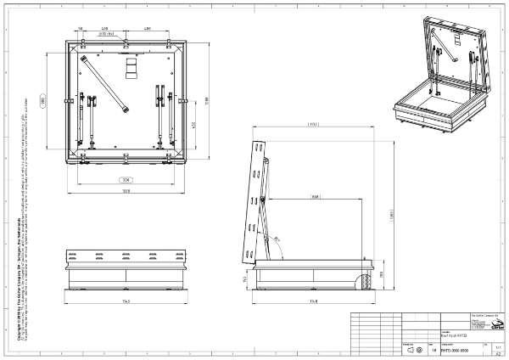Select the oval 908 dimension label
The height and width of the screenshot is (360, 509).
tap(126, 180)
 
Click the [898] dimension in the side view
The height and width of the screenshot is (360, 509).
tap(315, 196)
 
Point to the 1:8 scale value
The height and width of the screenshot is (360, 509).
tap(434, 348)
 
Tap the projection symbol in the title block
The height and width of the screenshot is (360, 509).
tap(414, 349)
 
